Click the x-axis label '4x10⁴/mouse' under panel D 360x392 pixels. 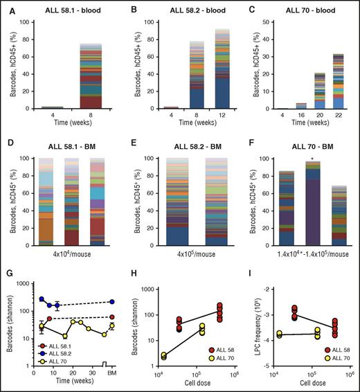coord(68,254)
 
